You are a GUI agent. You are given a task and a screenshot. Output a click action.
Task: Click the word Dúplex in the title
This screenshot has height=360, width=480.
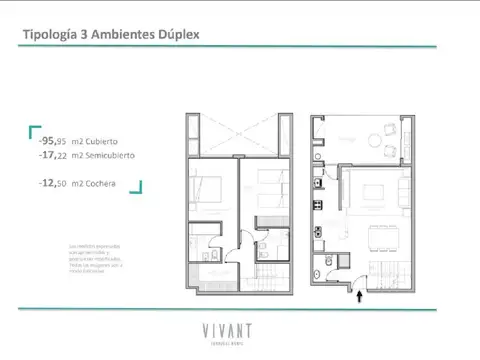177,34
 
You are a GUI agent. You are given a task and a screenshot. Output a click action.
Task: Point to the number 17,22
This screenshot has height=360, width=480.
55,156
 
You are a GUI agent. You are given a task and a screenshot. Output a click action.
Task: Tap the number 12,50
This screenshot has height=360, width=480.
55,184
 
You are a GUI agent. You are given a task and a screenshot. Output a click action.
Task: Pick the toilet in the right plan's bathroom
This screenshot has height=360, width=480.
325,264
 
